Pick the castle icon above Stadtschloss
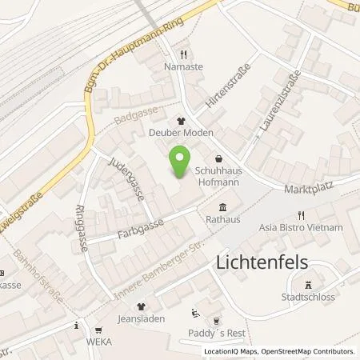click(308, 284)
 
